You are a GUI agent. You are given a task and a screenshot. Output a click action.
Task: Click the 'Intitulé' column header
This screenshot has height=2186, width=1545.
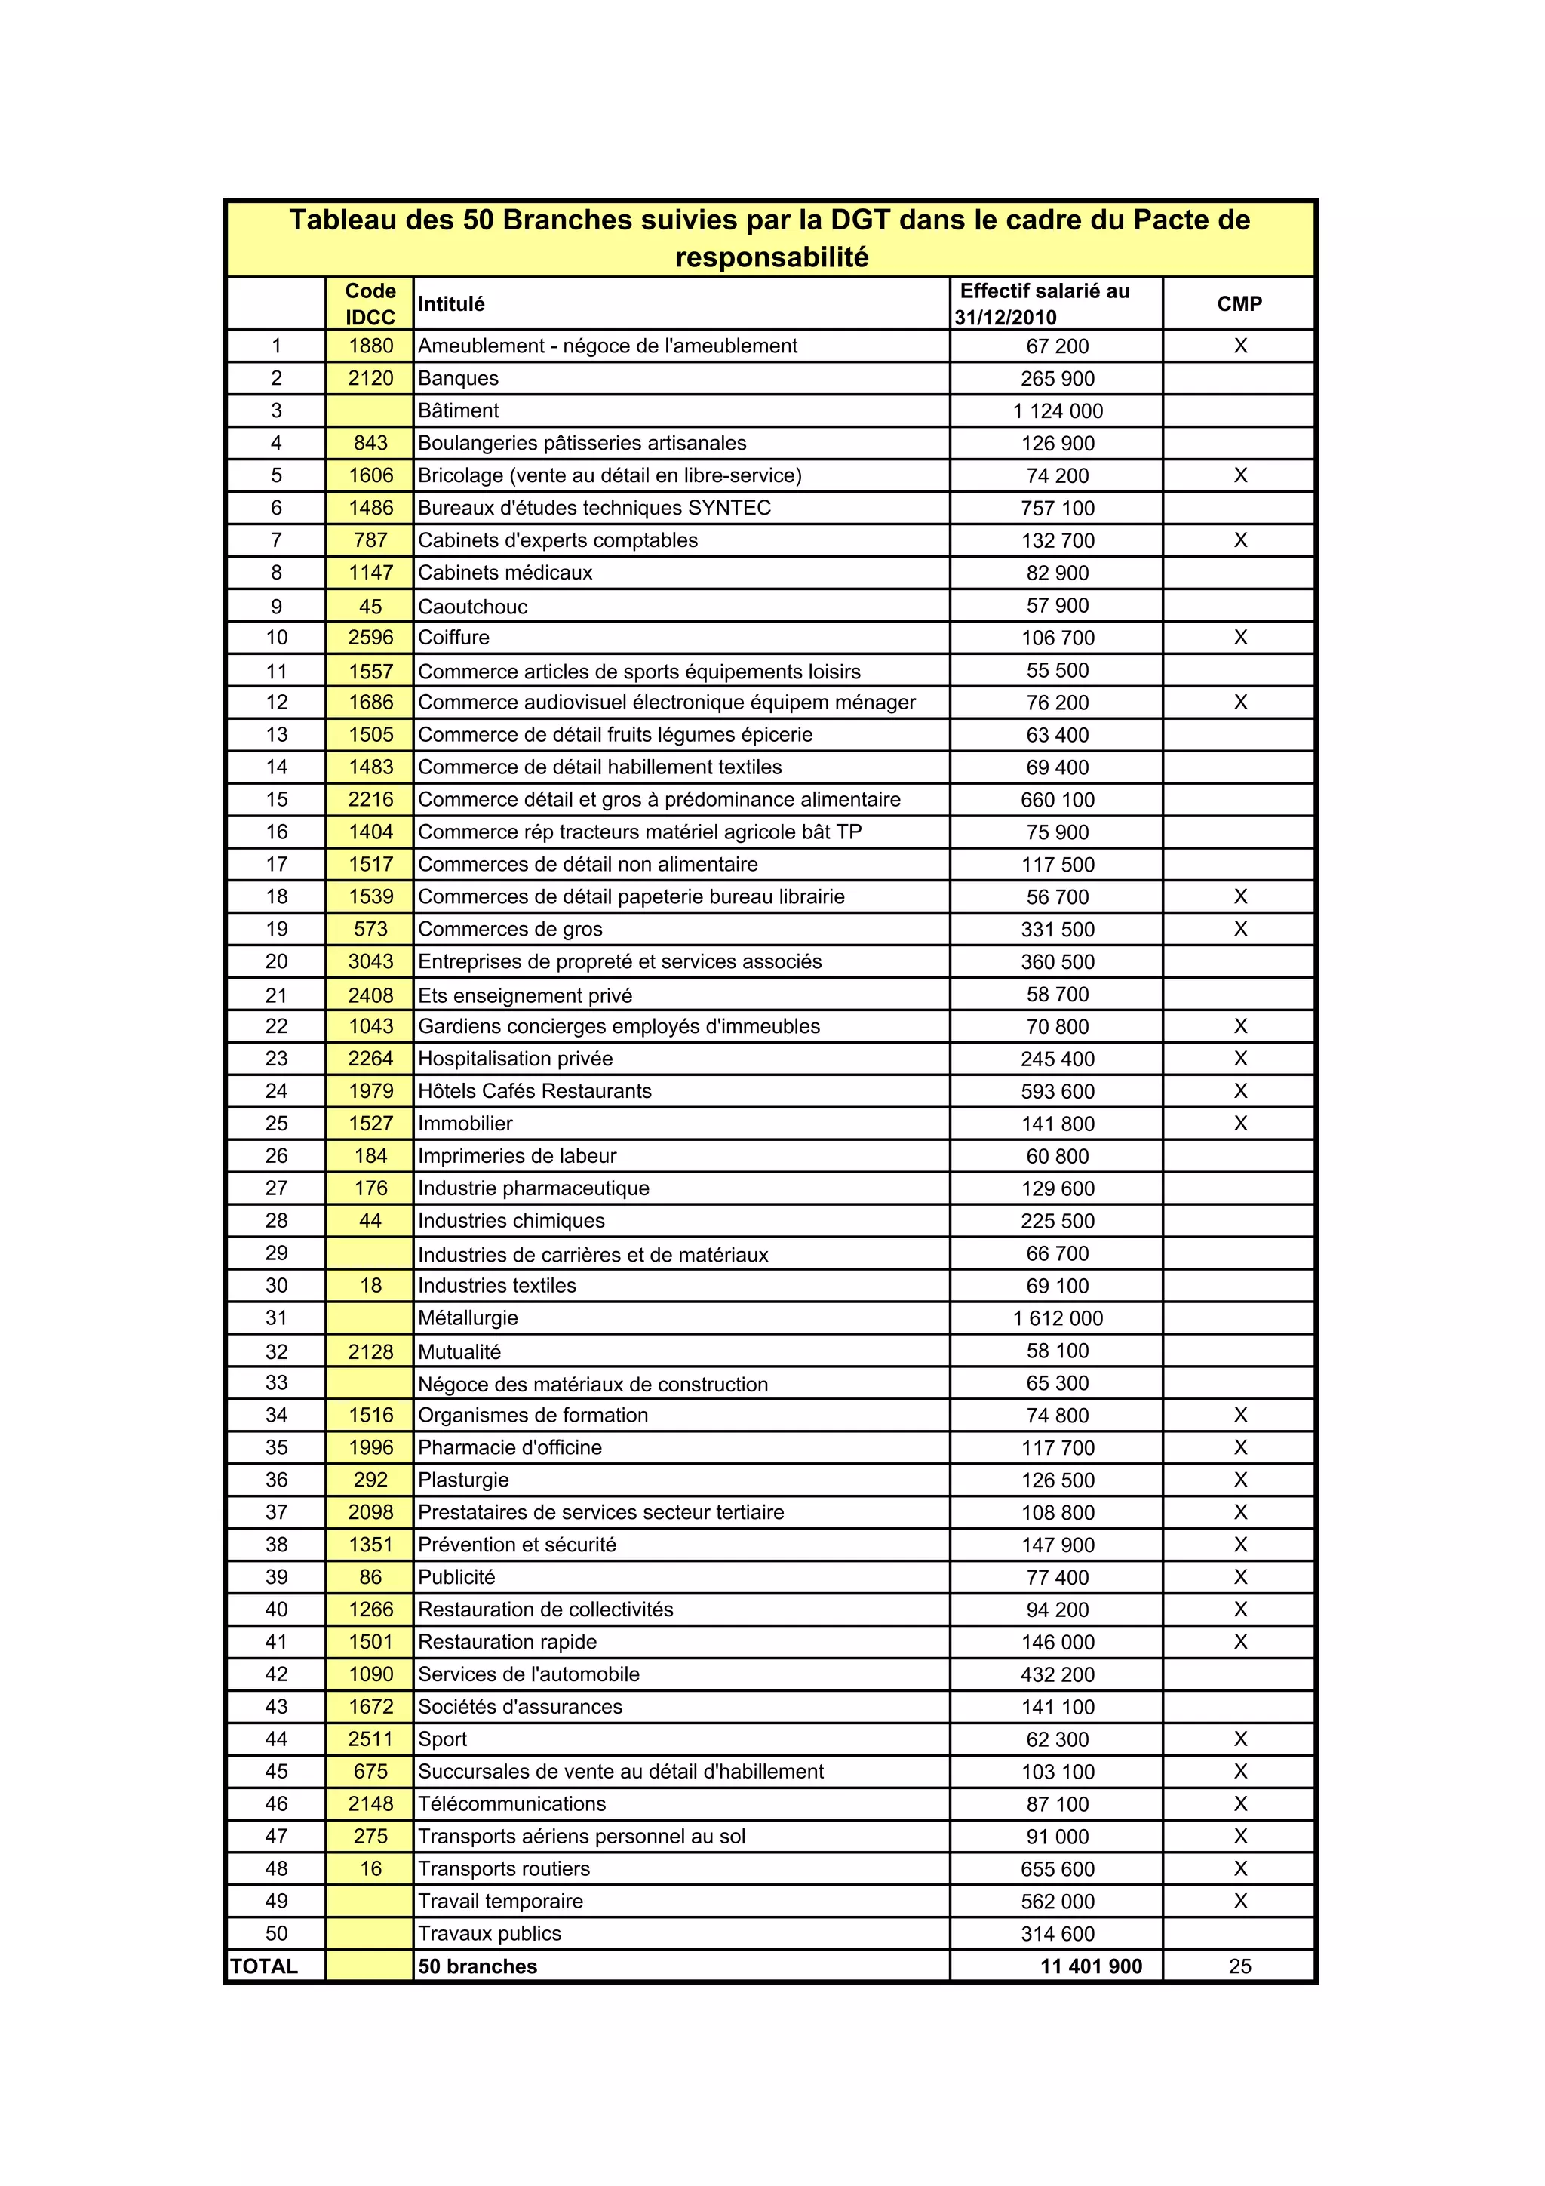tap(451, 304)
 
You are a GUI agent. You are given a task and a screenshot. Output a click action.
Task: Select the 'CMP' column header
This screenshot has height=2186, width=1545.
tap(1239, 304)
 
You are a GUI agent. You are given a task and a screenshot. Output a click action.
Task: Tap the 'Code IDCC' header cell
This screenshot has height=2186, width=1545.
tap(370, 304)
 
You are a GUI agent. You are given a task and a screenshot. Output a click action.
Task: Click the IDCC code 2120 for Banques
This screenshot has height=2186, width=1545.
tap(370, 378)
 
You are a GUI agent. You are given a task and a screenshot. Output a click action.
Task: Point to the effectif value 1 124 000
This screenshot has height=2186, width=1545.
tap(1058, 411)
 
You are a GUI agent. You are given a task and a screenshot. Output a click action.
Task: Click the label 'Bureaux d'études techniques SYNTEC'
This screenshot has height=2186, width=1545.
tap(594, 508)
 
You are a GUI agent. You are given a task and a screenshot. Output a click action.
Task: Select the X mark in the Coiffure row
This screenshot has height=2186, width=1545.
tap(1240, 637)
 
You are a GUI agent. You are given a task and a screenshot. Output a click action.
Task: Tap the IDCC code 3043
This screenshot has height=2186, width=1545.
tap(370, 961)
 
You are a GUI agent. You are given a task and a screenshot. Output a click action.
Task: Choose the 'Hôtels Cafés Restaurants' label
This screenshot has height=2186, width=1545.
tap(535, 1091)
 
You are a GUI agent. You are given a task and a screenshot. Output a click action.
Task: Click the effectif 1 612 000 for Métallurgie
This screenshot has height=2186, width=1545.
tap(1058, 1319)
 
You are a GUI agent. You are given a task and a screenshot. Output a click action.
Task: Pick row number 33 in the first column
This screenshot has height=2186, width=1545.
tap(276, 1382)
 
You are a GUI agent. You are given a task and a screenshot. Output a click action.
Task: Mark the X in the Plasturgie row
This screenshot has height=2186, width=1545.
tap(1240, 1480)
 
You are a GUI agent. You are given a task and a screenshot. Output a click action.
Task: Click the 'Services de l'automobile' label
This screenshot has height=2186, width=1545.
tap(528, 1674)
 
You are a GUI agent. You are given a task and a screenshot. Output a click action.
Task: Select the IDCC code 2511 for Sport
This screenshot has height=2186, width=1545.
tap(370, 1739)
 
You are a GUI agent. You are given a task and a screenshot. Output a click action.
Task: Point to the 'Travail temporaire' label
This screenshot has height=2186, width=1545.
tap(501, 1900)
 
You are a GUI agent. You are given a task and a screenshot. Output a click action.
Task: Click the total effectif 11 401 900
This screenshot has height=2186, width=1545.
tap(1091, 1966)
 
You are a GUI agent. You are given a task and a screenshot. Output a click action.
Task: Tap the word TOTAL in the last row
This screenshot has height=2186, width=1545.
tap(264, 1966)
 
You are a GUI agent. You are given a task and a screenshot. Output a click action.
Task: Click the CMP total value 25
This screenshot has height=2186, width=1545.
tap(1239, 1966)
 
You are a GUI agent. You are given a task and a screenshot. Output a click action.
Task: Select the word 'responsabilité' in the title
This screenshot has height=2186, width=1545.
tap(772, 257)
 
